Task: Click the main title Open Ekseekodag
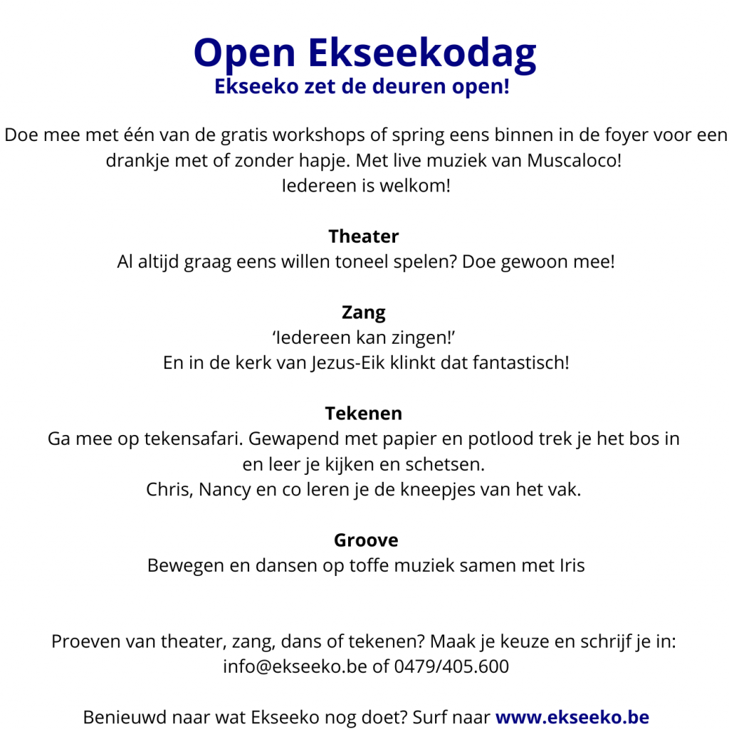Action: tap(364, 53)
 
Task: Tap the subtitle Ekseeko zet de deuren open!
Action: tap(362, 88)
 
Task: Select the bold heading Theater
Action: tap(364, 236)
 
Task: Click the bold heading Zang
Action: tap(364, 313)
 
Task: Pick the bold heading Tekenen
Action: tap(364, 414)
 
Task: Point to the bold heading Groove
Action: tap(366, 540)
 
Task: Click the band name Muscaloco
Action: tap(573, 160)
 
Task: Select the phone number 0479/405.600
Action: tap(451, 667)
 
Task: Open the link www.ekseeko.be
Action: tap(572, 717)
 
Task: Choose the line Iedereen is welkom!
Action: tap(366, 186)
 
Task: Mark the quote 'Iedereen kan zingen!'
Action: tap(364, 337)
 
